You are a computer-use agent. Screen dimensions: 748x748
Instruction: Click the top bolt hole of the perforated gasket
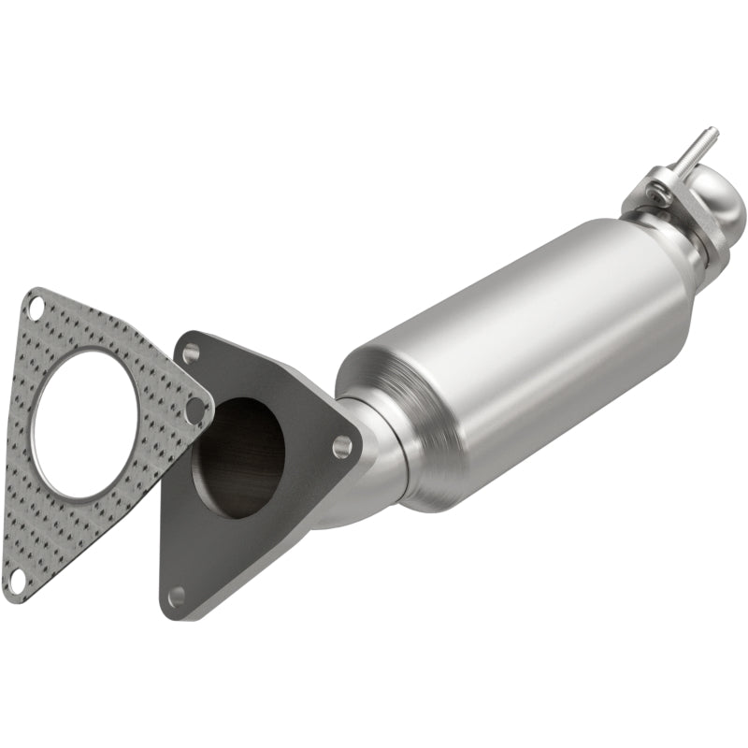point(36,306)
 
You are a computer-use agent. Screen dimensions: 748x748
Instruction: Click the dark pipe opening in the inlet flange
point(237,457)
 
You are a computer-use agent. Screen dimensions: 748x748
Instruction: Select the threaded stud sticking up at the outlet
point(698,150)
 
